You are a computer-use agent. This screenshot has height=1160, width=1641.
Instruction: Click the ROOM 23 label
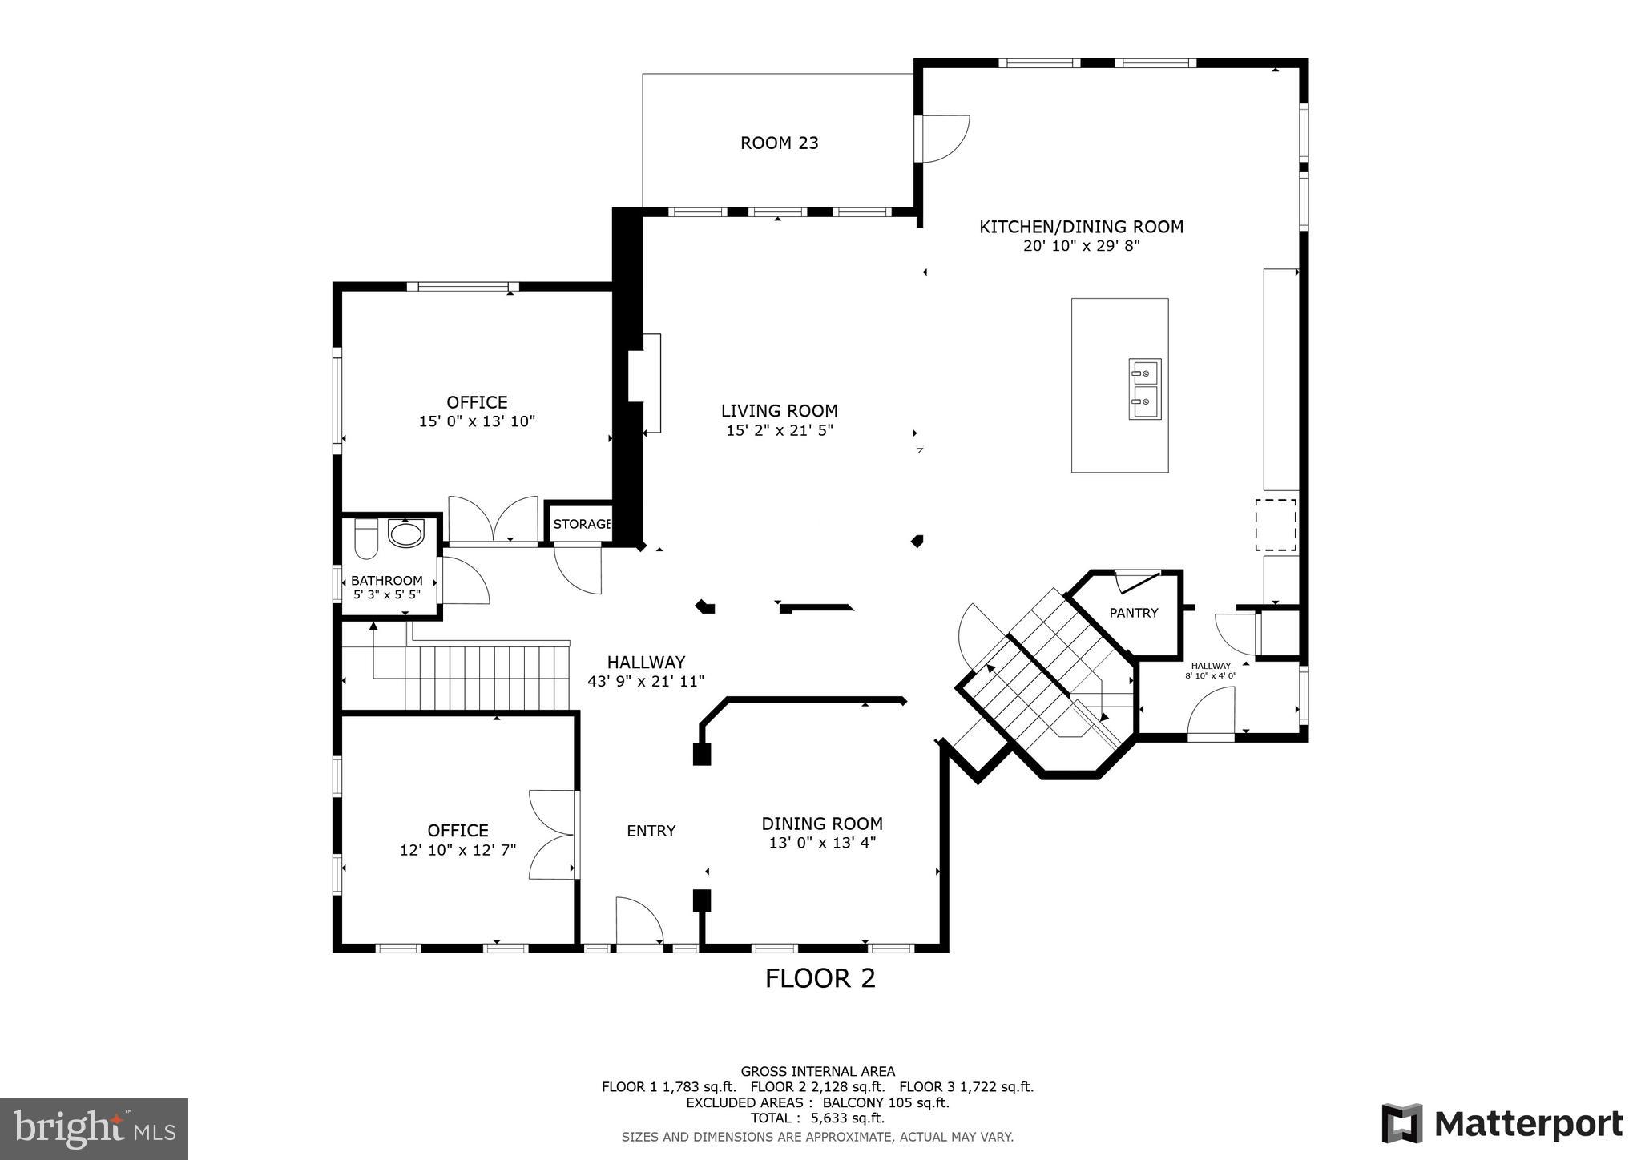779,143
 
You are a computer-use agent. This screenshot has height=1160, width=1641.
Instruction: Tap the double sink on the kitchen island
1144,389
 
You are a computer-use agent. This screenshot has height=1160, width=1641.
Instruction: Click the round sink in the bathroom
406,534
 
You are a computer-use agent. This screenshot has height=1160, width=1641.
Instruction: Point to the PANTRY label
1133,613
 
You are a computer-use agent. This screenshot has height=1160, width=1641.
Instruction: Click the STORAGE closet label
582,524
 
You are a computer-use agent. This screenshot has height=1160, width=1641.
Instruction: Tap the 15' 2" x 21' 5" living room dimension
779,430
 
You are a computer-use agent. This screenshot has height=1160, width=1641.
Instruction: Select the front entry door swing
639,921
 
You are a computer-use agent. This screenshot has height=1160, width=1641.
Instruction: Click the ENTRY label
651,831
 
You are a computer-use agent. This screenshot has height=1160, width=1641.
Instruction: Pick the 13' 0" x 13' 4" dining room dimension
821,843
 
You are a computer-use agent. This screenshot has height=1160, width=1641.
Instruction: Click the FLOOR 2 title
820,978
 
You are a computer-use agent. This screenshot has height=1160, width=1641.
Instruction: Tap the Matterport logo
1502,1123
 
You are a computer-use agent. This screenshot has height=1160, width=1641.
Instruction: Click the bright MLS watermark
94,1129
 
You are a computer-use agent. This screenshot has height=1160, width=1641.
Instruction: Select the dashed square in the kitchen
1275,525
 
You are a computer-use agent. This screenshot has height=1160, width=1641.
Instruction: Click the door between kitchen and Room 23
944,139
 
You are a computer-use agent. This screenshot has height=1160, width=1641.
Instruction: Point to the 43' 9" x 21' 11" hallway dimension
645,682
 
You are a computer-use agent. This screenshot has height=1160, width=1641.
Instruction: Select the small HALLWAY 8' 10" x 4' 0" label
1210,670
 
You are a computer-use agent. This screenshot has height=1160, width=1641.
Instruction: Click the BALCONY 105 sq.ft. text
885,1102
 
